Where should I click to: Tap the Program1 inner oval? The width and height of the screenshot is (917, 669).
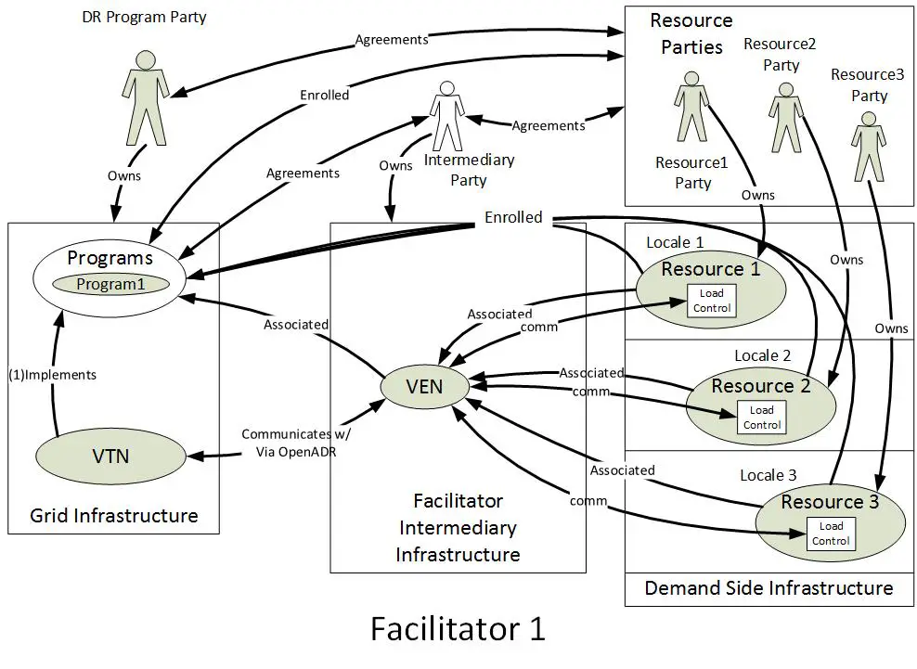[x=110, y=285]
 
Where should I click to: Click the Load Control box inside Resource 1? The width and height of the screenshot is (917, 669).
[x=711, y=301]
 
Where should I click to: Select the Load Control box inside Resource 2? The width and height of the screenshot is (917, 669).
[x=761, y=417]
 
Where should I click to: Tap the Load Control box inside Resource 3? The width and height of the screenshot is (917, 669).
[x=830, y=534]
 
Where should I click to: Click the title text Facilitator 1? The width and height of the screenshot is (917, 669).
[x=458, y=628]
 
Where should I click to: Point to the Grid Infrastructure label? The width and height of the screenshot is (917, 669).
[x=113, y=516]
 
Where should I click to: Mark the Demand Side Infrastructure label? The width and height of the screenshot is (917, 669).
[x=768, y=588]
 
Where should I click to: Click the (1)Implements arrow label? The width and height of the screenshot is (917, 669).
[x=52, y=375]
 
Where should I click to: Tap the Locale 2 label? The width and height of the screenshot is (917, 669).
[x=762, y=355]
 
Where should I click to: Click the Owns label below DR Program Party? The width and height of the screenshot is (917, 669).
[x=124, y=175]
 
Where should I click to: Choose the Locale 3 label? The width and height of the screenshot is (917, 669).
[x=768, y=475]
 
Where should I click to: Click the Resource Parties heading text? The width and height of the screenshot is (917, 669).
[x=691, y=33]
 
